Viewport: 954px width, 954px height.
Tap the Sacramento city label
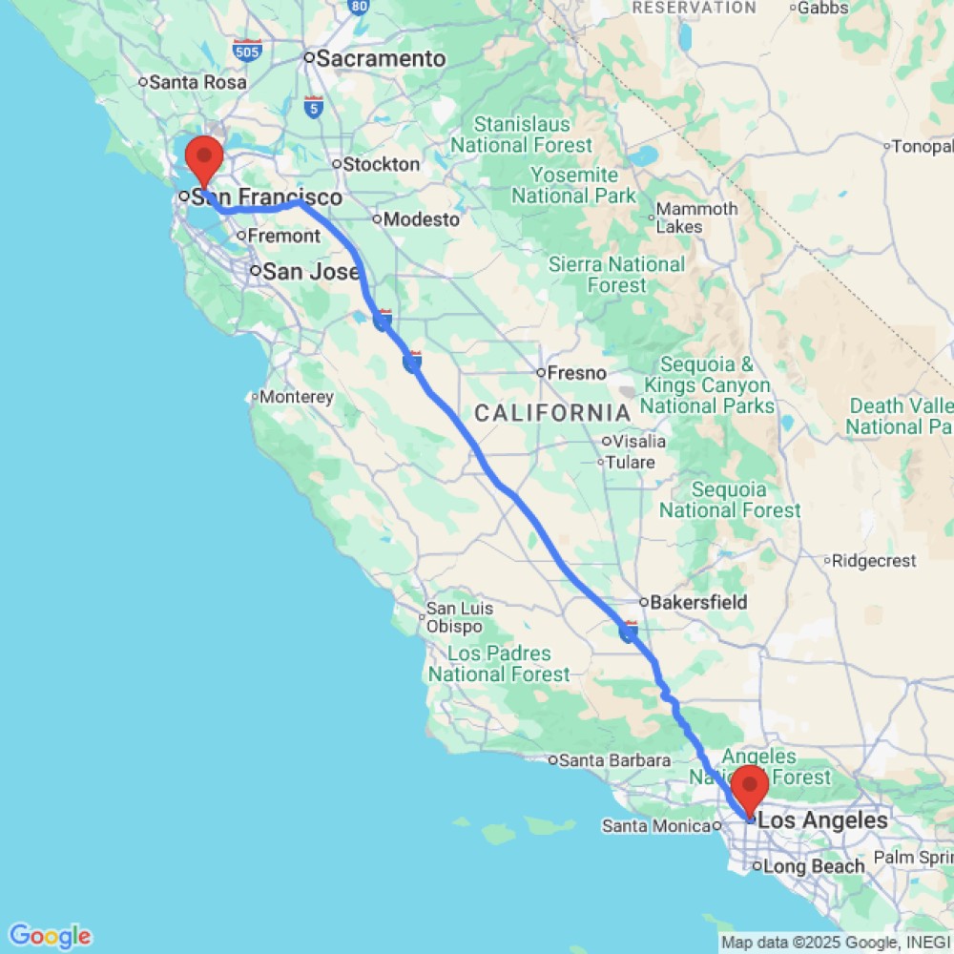point(380,59)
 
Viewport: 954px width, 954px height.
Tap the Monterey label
point(297,397)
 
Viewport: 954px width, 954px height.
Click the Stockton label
point(381,164)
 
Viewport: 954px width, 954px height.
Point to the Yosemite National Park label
point(573,186)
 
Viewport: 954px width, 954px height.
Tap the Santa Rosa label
point(197,82)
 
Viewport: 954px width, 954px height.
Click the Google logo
point(50,936)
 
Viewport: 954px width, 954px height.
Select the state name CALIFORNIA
point(552,413)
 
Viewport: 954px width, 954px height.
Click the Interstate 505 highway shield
point(247,51)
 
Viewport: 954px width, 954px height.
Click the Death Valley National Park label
point(900,416)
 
